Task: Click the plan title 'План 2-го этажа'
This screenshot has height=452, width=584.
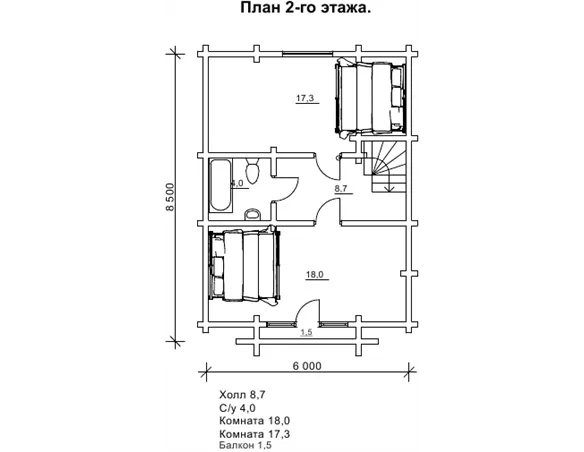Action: [x=305, y=8]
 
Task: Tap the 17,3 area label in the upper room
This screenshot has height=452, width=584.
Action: [x=305, y=98]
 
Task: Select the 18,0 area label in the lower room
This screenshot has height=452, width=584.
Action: [x=315, y=275]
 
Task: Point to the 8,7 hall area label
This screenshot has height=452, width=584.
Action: [x=341, y=188]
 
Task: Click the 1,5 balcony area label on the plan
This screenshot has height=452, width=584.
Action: [x=306, y=332]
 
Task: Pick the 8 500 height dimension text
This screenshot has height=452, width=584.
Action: [x=170, y=197]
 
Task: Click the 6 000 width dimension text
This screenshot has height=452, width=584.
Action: [x=307, y=366]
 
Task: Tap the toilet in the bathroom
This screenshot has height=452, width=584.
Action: [x=253, y=171]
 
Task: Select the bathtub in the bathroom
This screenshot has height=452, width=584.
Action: [x=220, y=185]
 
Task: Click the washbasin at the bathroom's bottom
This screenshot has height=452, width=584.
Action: [x=253, y=214]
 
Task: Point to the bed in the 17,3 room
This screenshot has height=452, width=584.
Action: [x=371, y=99]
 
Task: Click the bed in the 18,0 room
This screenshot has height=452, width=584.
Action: [x=244, y=266]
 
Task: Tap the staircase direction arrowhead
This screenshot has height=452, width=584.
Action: [x=389, y=190]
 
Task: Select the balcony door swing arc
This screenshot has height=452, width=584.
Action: [x=304, y=305]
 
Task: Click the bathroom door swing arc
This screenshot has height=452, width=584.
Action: [x=292, y=193]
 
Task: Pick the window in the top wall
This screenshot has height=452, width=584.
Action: [x=307, y=54]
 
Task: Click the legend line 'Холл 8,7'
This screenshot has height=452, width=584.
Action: [x=242, y=395]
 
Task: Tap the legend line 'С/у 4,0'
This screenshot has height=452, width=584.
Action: [x=237, y=408]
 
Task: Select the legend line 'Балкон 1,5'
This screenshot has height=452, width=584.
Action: [x=245, y=445]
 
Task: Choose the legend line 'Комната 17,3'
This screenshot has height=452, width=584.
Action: [x=255, y=434]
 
